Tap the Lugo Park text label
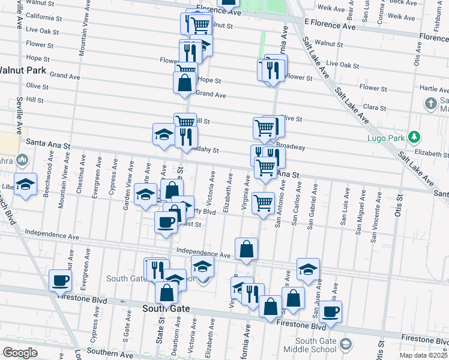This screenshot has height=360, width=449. tap(388, 138)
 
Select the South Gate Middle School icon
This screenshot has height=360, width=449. tap(346, 344)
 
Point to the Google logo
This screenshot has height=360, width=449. tap(20, 353)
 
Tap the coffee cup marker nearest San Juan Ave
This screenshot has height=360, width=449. tap(330, 311)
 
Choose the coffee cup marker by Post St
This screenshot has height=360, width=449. tap(166, 221)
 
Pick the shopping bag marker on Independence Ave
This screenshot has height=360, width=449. tap(247, 248)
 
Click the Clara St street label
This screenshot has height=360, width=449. tap(374, 107)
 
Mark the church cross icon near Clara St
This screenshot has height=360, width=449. tap(430, 104)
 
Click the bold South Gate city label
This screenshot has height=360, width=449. tap(166, 308)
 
